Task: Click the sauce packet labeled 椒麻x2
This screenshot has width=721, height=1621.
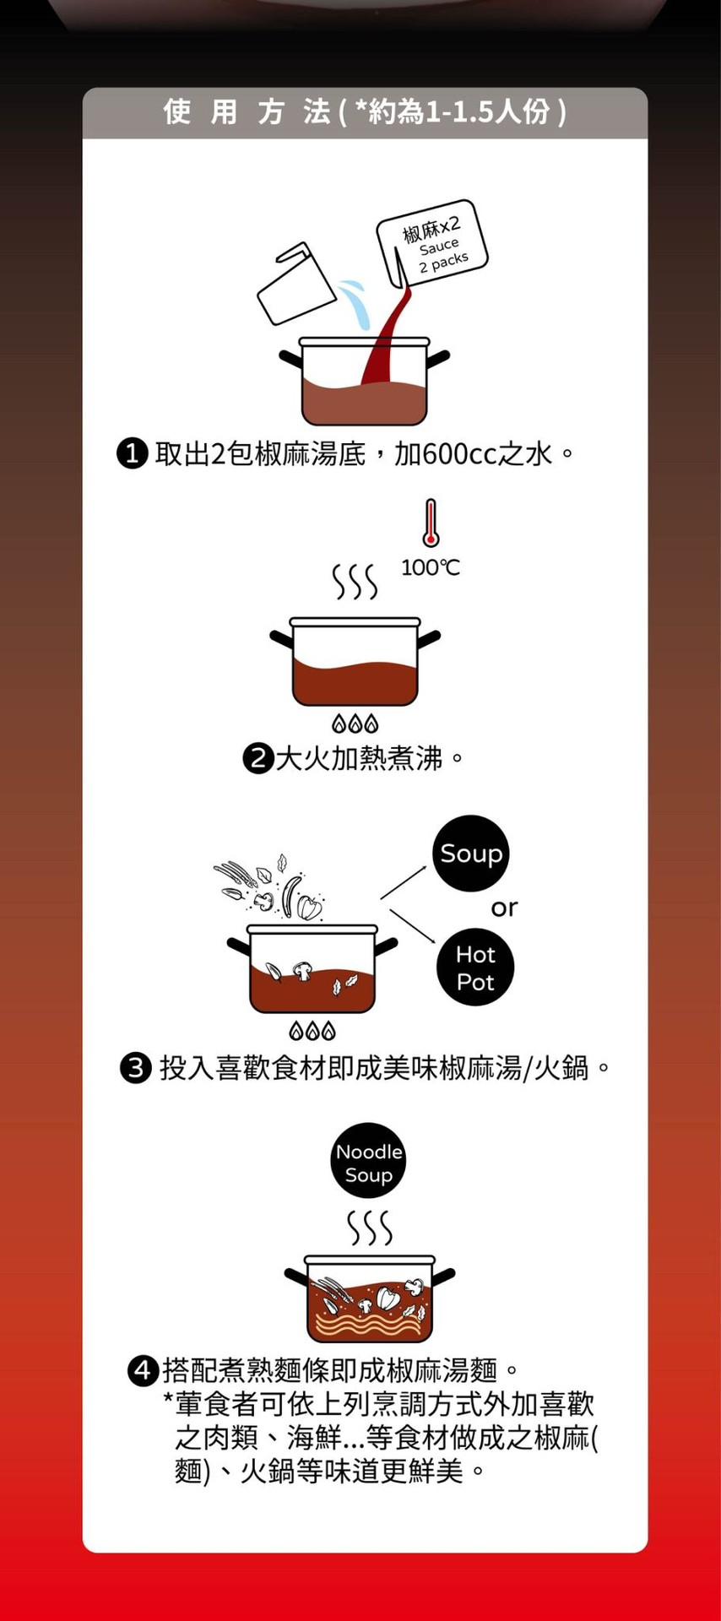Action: click(432, 242)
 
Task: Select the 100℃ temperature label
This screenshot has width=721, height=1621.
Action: click(431, 567)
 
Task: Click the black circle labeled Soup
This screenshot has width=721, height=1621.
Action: click(471, 854)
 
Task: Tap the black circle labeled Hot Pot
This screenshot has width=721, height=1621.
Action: click(475, 968)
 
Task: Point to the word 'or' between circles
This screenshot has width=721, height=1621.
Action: click(504, 908)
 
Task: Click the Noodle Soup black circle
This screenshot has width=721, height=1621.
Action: click(368, 1162)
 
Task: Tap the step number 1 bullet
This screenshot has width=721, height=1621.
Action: click(132, 454)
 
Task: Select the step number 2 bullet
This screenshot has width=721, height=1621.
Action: click(257, 758)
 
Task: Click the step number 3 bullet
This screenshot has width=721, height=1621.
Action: click(135, 1068)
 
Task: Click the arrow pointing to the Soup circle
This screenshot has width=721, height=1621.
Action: click(404, 882)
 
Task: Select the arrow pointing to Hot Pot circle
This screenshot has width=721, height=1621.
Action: click(412, 925)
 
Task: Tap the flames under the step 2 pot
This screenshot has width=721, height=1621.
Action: click(355, 724)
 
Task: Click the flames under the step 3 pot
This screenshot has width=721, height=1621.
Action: click(312, 1031)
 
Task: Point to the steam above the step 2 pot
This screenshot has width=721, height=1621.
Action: click(355, 582)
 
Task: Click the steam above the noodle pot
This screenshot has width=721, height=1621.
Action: click(370, 1228)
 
